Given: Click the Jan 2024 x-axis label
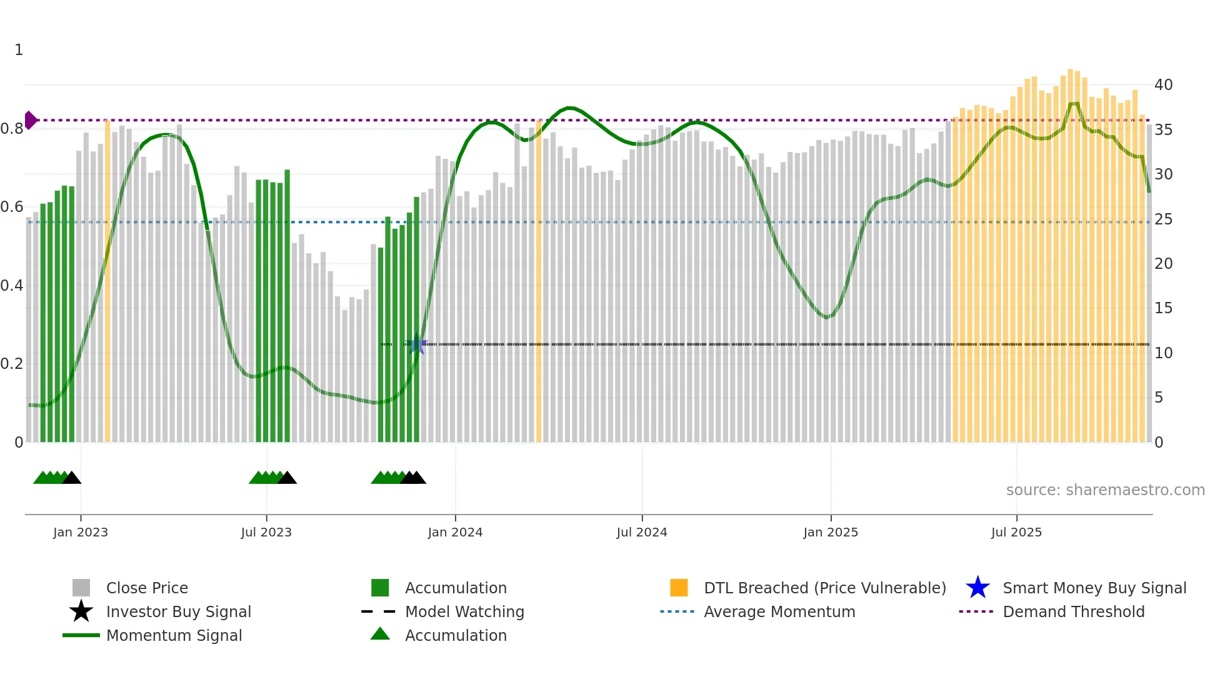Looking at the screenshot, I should [x=455, y=532].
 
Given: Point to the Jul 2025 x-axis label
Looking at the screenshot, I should [x=1016, y=532].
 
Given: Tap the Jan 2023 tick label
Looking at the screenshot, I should [x=81, y=532].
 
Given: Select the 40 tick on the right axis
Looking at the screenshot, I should [x=1163, y=85].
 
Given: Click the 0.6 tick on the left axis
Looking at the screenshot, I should [x=12, y=207].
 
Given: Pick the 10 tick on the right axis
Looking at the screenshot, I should [x=1163, y=353].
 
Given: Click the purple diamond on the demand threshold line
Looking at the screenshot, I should [x=30, y=120].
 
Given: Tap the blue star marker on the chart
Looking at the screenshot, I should [x=417, y=344].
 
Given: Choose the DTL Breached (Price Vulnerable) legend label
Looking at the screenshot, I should [x=824, y=588].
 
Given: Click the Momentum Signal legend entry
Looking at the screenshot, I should [x=174, y=635].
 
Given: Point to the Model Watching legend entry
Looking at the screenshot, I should [x=464, y=611].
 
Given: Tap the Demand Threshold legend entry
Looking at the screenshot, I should [x=1073, y=611].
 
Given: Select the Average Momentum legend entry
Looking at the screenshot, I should [x=779, y=611].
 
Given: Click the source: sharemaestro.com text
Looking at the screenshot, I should [x=1105, y=490].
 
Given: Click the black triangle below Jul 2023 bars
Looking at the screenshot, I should [x=287, y=478].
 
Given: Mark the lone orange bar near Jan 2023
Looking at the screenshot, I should [x=107, y=281].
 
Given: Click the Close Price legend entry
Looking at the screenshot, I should [x=147, y=588].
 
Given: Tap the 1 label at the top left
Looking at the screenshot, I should [x=19, y=50].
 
